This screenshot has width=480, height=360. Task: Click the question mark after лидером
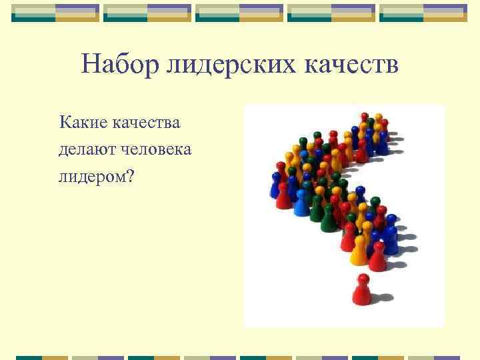pos(130,177)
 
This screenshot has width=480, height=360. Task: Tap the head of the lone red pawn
pos(363,279)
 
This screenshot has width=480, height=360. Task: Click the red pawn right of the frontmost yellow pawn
pos(377,256)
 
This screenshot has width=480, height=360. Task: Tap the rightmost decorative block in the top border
pos(423,13)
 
